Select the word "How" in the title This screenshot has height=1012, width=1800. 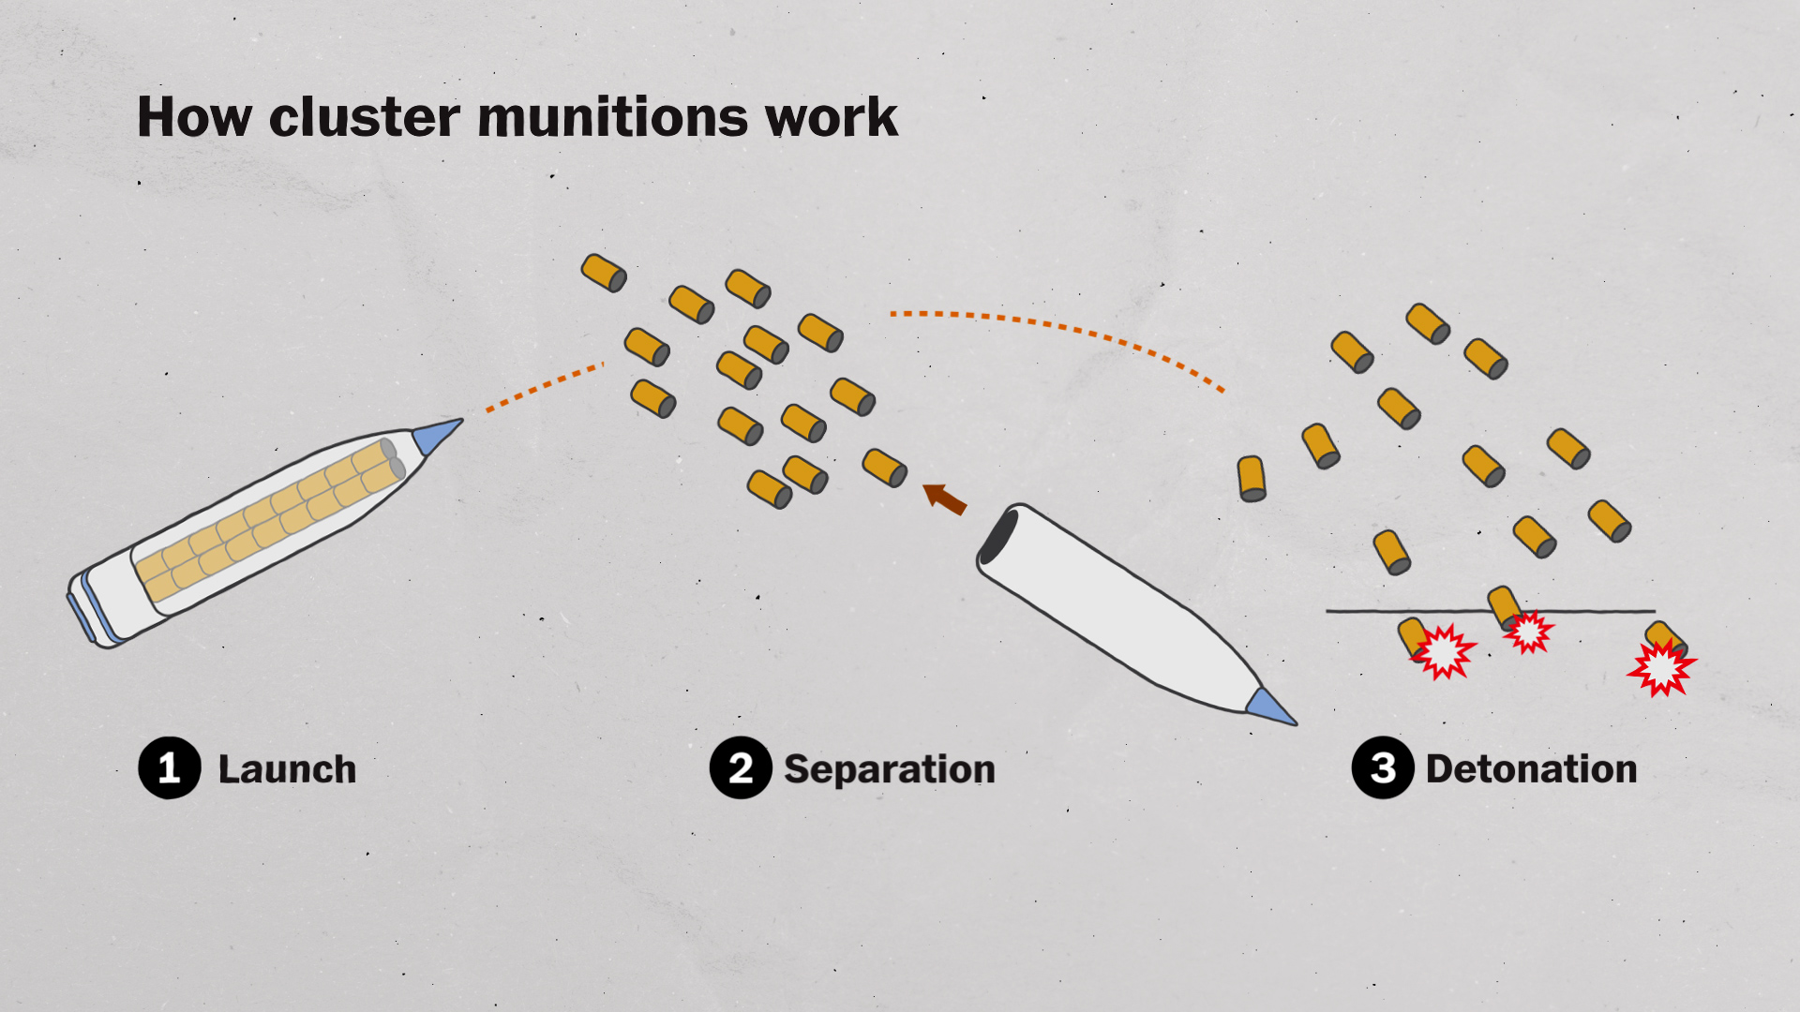pyautogui.click(x=194, y=117)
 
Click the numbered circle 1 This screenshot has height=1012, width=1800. pyautogui.click(x=170, y=768)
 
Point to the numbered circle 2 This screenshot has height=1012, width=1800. pyautogui.click(x=741, y=768)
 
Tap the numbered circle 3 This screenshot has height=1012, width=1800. pyautogui.click(x=1383, y=768)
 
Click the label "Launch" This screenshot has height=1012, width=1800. pyautogui.click(x=287, y=769)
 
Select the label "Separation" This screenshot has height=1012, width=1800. pyautogui.click(x=889, y=769)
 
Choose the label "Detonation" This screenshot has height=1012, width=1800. pyautogui.click(x=1531, y=769)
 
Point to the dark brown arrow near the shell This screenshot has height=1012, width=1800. pyautogui.click(x=945, y=499)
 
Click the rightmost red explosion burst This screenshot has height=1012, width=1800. pyautogui.click(x=1661, y=668)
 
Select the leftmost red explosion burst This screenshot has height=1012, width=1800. pyautogui.click(x=1443, y=650)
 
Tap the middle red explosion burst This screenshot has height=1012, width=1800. pyautogui.click(x=1529, y=632)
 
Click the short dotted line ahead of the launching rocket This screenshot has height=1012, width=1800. pyautogui.click(x=544, y=387)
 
